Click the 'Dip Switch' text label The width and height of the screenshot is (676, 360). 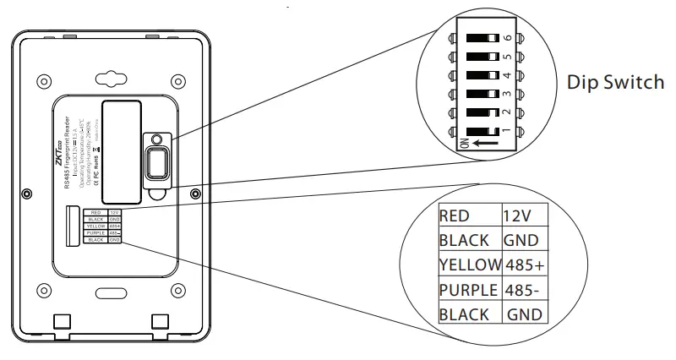[615, 83]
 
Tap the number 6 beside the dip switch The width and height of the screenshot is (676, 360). [507, 39]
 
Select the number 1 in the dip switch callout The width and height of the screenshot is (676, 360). [507, 131]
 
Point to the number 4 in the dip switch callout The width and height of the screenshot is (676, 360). [507, 76]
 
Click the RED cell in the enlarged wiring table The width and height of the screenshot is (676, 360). [455, 215]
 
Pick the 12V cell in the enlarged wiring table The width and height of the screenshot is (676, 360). [516, 215]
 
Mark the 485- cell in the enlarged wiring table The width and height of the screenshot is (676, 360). [522, 290]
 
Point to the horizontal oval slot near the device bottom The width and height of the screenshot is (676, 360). [108, 292]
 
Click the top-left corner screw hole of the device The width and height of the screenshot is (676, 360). [39, 81]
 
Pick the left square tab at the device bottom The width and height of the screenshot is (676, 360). [59, 322]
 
